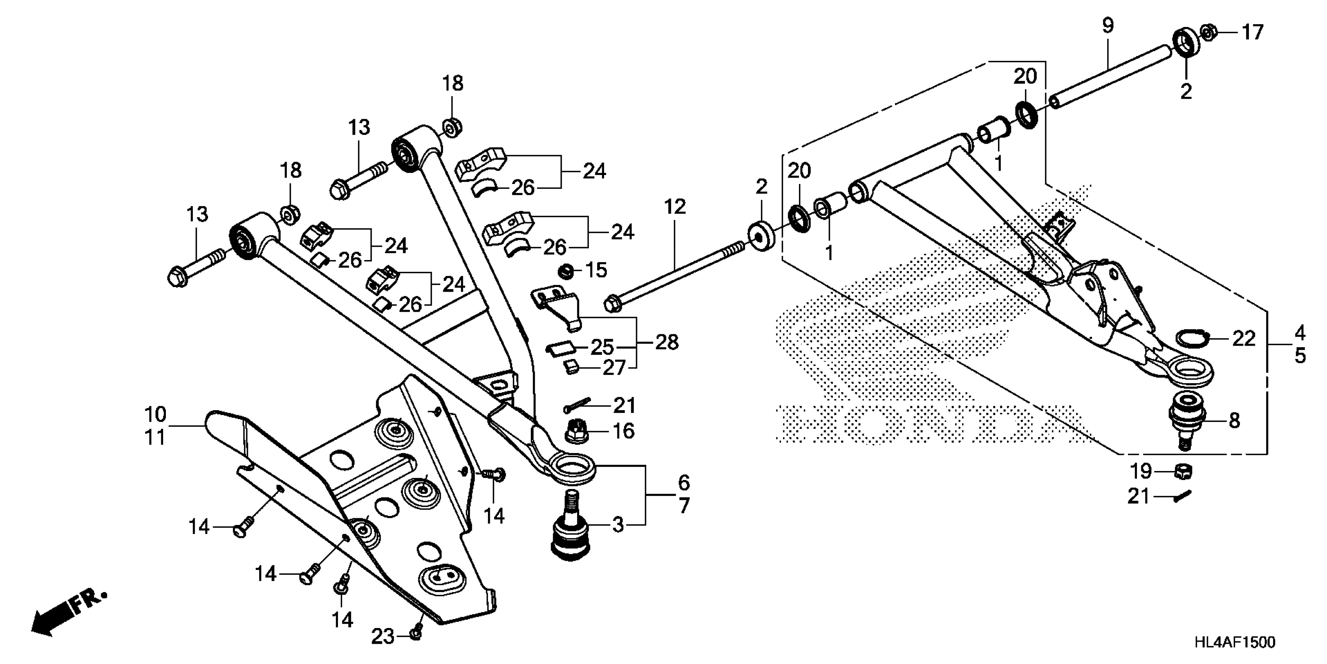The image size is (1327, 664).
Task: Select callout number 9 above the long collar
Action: (x=1108, y=26)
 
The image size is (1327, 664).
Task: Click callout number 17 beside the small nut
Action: (x=1252, y=32)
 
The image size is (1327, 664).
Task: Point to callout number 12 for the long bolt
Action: (x=675, y=207)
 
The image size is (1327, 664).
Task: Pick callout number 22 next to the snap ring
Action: (x=1243, y=339)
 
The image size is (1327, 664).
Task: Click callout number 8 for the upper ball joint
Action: (x=1234, y=421)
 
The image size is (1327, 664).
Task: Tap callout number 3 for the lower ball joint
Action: (x=618, y=525)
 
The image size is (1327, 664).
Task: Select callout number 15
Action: (x=596, y=270)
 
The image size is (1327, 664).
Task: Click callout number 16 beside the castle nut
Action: (x=623, y=431)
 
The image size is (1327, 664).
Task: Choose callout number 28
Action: (x=667, y=342)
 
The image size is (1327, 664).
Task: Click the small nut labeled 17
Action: (x=1208, y=32)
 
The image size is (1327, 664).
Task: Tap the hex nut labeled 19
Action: (x=1183, y=471)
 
